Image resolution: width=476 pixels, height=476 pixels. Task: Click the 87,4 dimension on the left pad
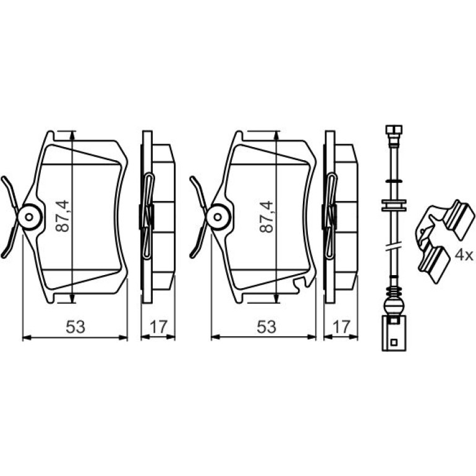click(x=63, y=216)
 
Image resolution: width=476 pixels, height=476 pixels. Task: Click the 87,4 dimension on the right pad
click(x=266, y=217)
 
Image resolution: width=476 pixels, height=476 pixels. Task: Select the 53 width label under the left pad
click(x=75, y=327)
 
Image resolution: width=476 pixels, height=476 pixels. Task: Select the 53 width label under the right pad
click(x=266, y=327)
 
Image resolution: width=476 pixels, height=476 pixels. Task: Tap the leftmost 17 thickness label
click(x=158, y=327)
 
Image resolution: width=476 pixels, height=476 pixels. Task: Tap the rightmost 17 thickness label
click(x=341, y=327)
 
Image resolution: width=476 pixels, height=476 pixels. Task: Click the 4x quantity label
click(x=464, y=255)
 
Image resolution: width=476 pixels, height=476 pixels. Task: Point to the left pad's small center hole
click(x=29, y=217)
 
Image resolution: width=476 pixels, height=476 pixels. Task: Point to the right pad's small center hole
click(x=218, y=217)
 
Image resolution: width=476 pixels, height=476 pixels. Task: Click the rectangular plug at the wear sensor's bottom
click(x=394, y=333)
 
